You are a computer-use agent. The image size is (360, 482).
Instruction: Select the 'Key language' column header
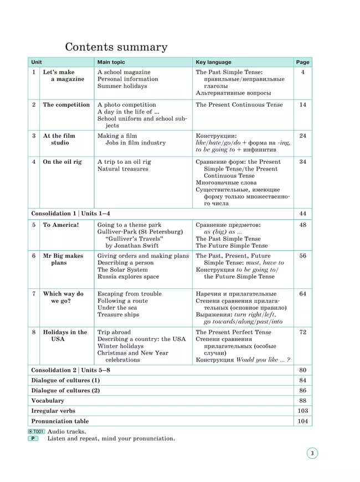click(213, 63)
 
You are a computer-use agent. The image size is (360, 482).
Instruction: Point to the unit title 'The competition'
click(66, 105)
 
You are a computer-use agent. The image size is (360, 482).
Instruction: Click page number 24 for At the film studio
click(302, 136)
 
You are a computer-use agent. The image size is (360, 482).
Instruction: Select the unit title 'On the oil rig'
click(62, 162)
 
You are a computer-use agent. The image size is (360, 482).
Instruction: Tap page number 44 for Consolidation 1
click(302, 214)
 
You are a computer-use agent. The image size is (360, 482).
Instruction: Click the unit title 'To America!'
click(61, 225)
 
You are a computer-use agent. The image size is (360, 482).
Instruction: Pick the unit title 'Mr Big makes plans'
click(63, 260)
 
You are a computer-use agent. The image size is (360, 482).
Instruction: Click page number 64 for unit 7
click(302, 294)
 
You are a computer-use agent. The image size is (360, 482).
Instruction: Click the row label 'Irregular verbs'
click(53, 411)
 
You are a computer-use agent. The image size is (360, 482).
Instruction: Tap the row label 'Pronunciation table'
click(60, 422)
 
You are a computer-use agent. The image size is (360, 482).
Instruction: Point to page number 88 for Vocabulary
click(302, 401)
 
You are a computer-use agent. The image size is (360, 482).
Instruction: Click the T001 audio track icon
click(36, 431)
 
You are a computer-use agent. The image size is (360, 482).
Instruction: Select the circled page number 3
click(312, 454)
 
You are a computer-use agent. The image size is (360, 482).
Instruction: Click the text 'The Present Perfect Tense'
click(233, 332)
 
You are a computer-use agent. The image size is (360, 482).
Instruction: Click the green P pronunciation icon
click(34, 438)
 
